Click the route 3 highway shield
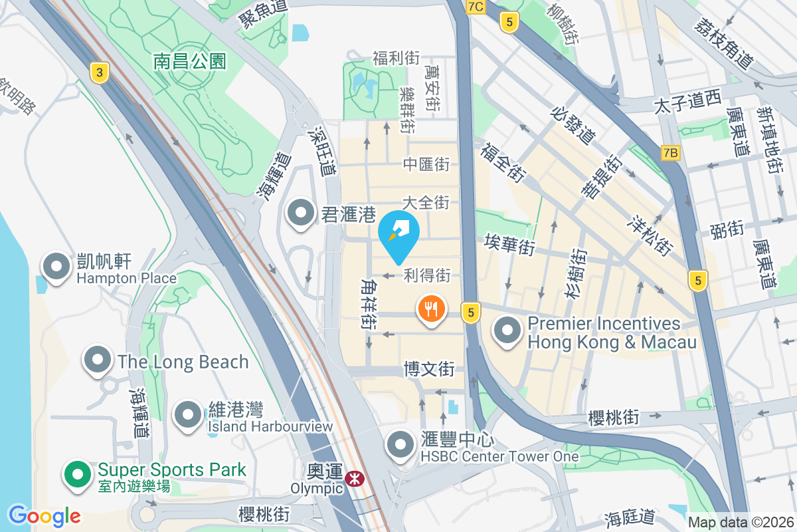tap(98, 72)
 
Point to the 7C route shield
tap(476, 7)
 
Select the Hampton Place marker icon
tap(56, 267)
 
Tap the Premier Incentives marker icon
tap(508, 331)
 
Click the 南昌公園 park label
tap(190, 62)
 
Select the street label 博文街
tap(429, 368)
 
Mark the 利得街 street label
tap(427, 274)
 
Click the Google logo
tap(44, 515)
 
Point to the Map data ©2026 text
tap(741, 523)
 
